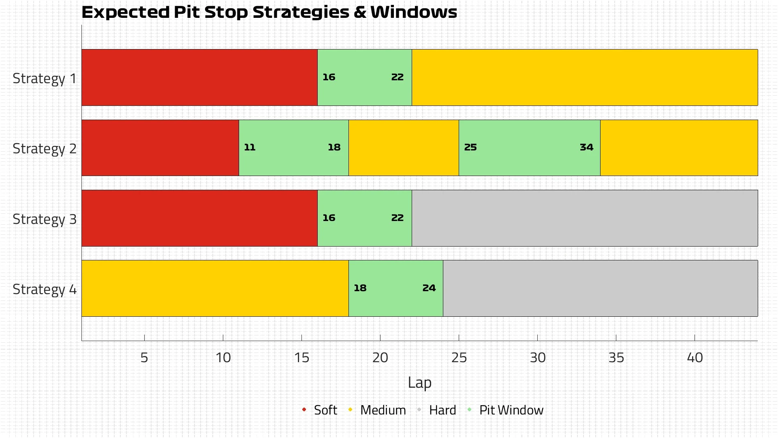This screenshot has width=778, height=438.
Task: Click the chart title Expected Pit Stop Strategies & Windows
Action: coord(269,12)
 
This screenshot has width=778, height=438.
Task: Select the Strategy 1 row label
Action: coord(45,78)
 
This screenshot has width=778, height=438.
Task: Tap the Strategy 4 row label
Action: coord(45,289)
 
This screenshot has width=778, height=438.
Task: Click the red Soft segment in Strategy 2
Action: coord(160,148)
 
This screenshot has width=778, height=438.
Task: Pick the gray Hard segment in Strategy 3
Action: coord(585,218)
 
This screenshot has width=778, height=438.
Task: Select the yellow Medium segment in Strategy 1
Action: coord(585,77)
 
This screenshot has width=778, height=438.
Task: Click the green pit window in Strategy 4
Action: coord(395,288)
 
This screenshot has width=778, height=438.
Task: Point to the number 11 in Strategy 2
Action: coord(250,147)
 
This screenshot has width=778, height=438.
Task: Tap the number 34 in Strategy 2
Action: coord(586,147)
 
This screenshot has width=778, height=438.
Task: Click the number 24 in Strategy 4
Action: coord(429,288)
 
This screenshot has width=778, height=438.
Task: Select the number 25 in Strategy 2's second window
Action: coord(470,147)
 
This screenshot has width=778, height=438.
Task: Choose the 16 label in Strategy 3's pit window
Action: coord(329,218)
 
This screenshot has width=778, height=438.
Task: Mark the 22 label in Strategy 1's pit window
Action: coord(397,77)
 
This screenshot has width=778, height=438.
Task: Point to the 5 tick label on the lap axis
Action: coord(144,358)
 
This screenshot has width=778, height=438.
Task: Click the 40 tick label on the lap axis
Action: coord(695,358)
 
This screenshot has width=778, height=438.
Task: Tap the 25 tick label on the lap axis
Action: coord(459,358)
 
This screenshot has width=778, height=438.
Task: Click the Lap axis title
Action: coord(419,383)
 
